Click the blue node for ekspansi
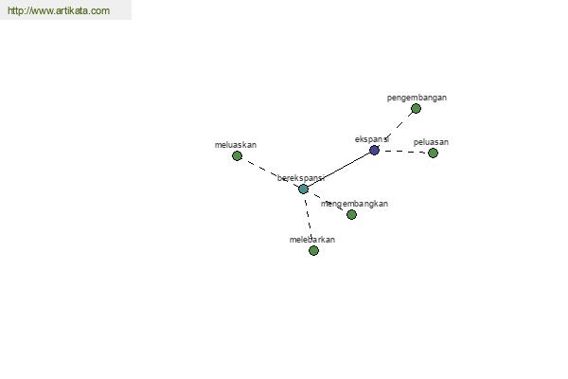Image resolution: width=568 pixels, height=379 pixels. (x=374, y=150)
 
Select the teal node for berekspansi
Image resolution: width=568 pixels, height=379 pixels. (x=303, y=189)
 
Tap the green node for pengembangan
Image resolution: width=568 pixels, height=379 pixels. (x=416, y=108)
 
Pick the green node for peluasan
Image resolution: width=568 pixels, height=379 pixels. (x=433, y=153)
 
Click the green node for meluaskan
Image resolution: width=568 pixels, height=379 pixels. (x=237, y=155)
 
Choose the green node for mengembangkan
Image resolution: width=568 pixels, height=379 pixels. (x=351, y=214)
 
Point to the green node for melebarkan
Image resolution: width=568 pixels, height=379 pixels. (x=313, y=250)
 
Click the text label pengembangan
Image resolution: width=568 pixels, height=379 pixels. (x=417, y=98)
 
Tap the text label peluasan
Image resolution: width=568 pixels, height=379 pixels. (x=431, y=142)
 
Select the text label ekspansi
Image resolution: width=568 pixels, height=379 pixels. (x=372, y=139)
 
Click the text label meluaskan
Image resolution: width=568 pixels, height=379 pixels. (x=236, y=145)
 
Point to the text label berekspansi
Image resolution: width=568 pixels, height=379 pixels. (x=301, y=178)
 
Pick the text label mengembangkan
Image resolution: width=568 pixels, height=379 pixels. (x=354, y=204)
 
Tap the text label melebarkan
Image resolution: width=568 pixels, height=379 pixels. (x=312, y=240)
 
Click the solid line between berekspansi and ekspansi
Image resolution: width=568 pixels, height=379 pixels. (x=339, y=170)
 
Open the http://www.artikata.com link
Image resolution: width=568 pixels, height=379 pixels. (x=59, y=10)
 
